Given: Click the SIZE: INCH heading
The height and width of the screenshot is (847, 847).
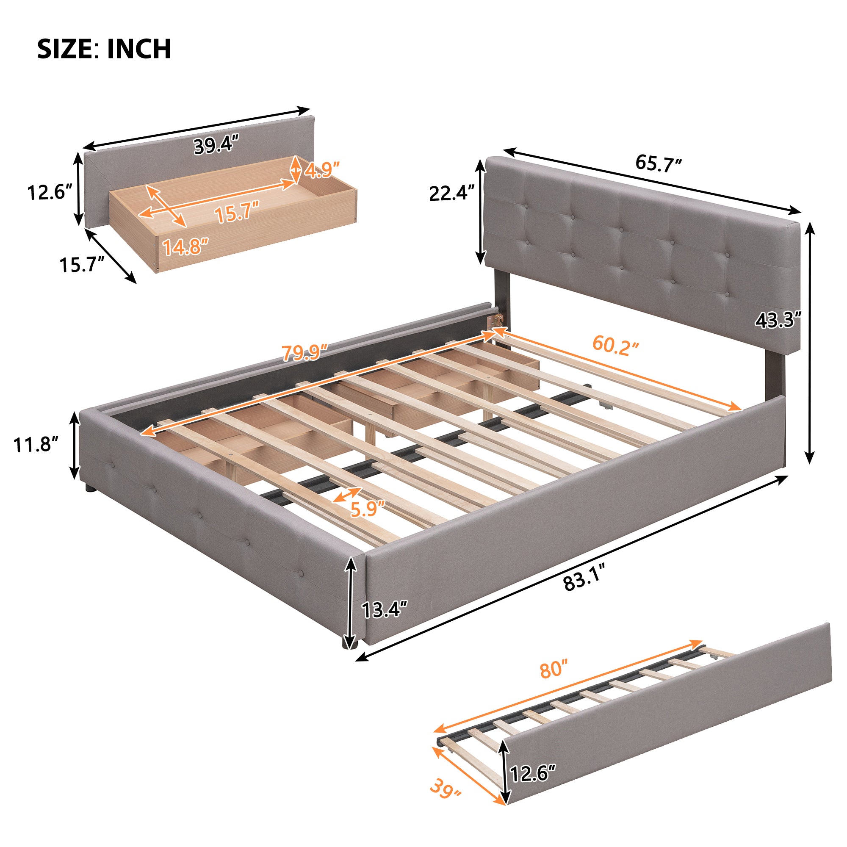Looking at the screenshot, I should pos(104,49).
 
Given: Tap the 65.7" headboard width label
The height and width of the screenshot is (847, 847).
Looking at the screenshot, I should pos(659,163).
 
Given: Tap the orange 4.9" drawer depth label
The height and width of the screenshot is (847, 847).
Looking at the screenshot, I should pos(322,170).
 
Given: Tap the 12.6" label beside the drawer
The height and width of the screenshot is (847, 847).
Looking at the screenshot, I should pos(50,192).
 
